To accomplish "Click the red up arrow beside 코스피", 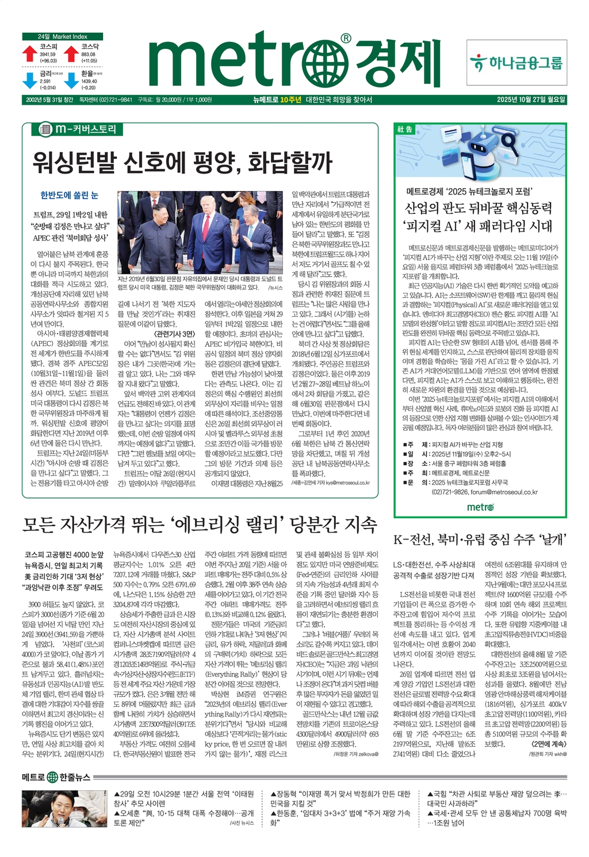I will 29,53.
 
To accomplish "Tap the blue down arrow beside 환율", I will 71,80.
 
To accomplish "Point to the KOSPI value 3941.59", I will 48,55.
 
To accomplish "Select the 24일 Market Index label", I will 63,36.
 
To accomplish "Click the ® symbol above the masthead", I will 345,38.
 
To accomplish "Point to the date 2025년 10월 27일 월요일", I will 531,100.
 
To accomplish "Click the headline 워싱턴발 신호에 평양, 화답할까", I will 182,162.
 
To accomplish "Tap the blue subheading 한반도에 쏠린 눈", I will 69,196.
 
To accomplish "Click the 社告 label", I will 405,129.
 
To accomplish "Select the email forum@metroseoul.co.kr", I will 504,492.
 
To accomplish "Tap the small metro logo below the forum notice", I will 480,507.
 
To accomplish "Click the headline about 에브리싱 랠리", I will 200,525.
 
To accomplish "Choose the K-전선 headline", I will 480,539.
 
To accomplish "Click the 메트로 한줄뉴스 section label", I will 56,777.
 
